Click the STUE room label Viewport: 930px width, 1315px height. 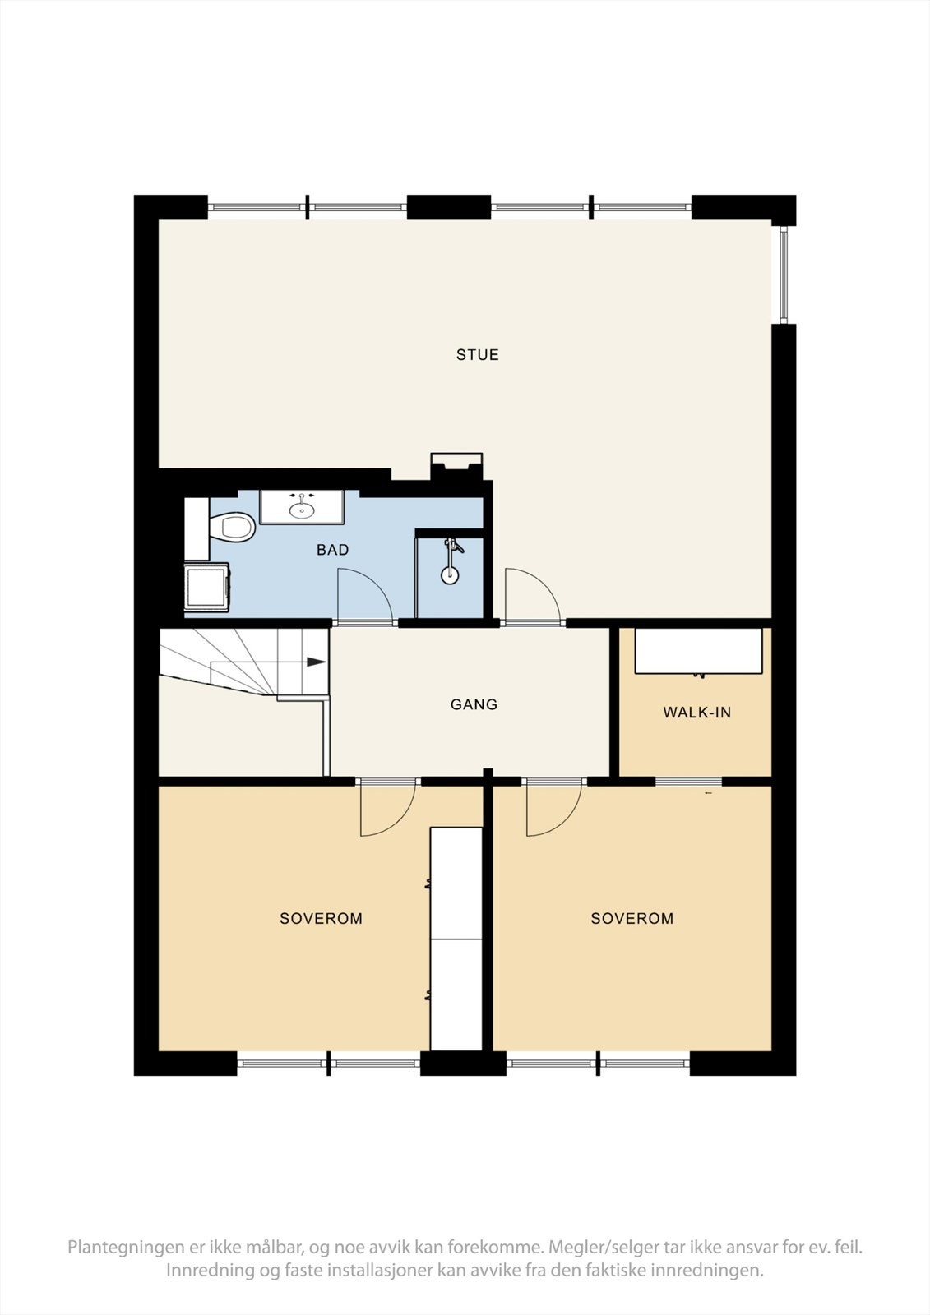point(478,355)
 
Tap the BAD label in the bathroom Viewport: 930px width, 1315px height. point(332,550)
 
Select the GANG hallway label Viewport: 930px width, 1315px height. point(474,704)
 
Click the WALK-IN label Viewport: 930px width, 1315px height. point(696,713)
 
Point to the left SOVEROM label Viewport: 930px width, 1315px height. point(321,919)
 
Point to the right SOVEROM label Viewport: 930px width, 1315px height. point(632,919)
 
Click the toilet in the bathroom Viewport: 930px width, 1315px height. point(232,527)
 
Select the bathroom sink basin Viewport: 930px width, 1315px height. point(302,510)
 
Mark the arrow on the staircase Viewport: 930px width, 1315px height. point(315,662)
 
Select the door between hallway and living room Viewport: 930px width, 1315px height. point(530,596)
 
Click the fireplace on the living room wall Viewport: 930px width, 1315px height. point(457,466)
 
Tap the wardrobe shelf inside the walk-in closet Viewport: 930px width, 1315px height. point(699,651)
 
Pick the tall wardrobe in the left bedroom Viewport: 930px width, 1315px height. point(456,937)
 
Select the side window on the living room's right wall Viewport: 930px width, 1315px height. point(784,274)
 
